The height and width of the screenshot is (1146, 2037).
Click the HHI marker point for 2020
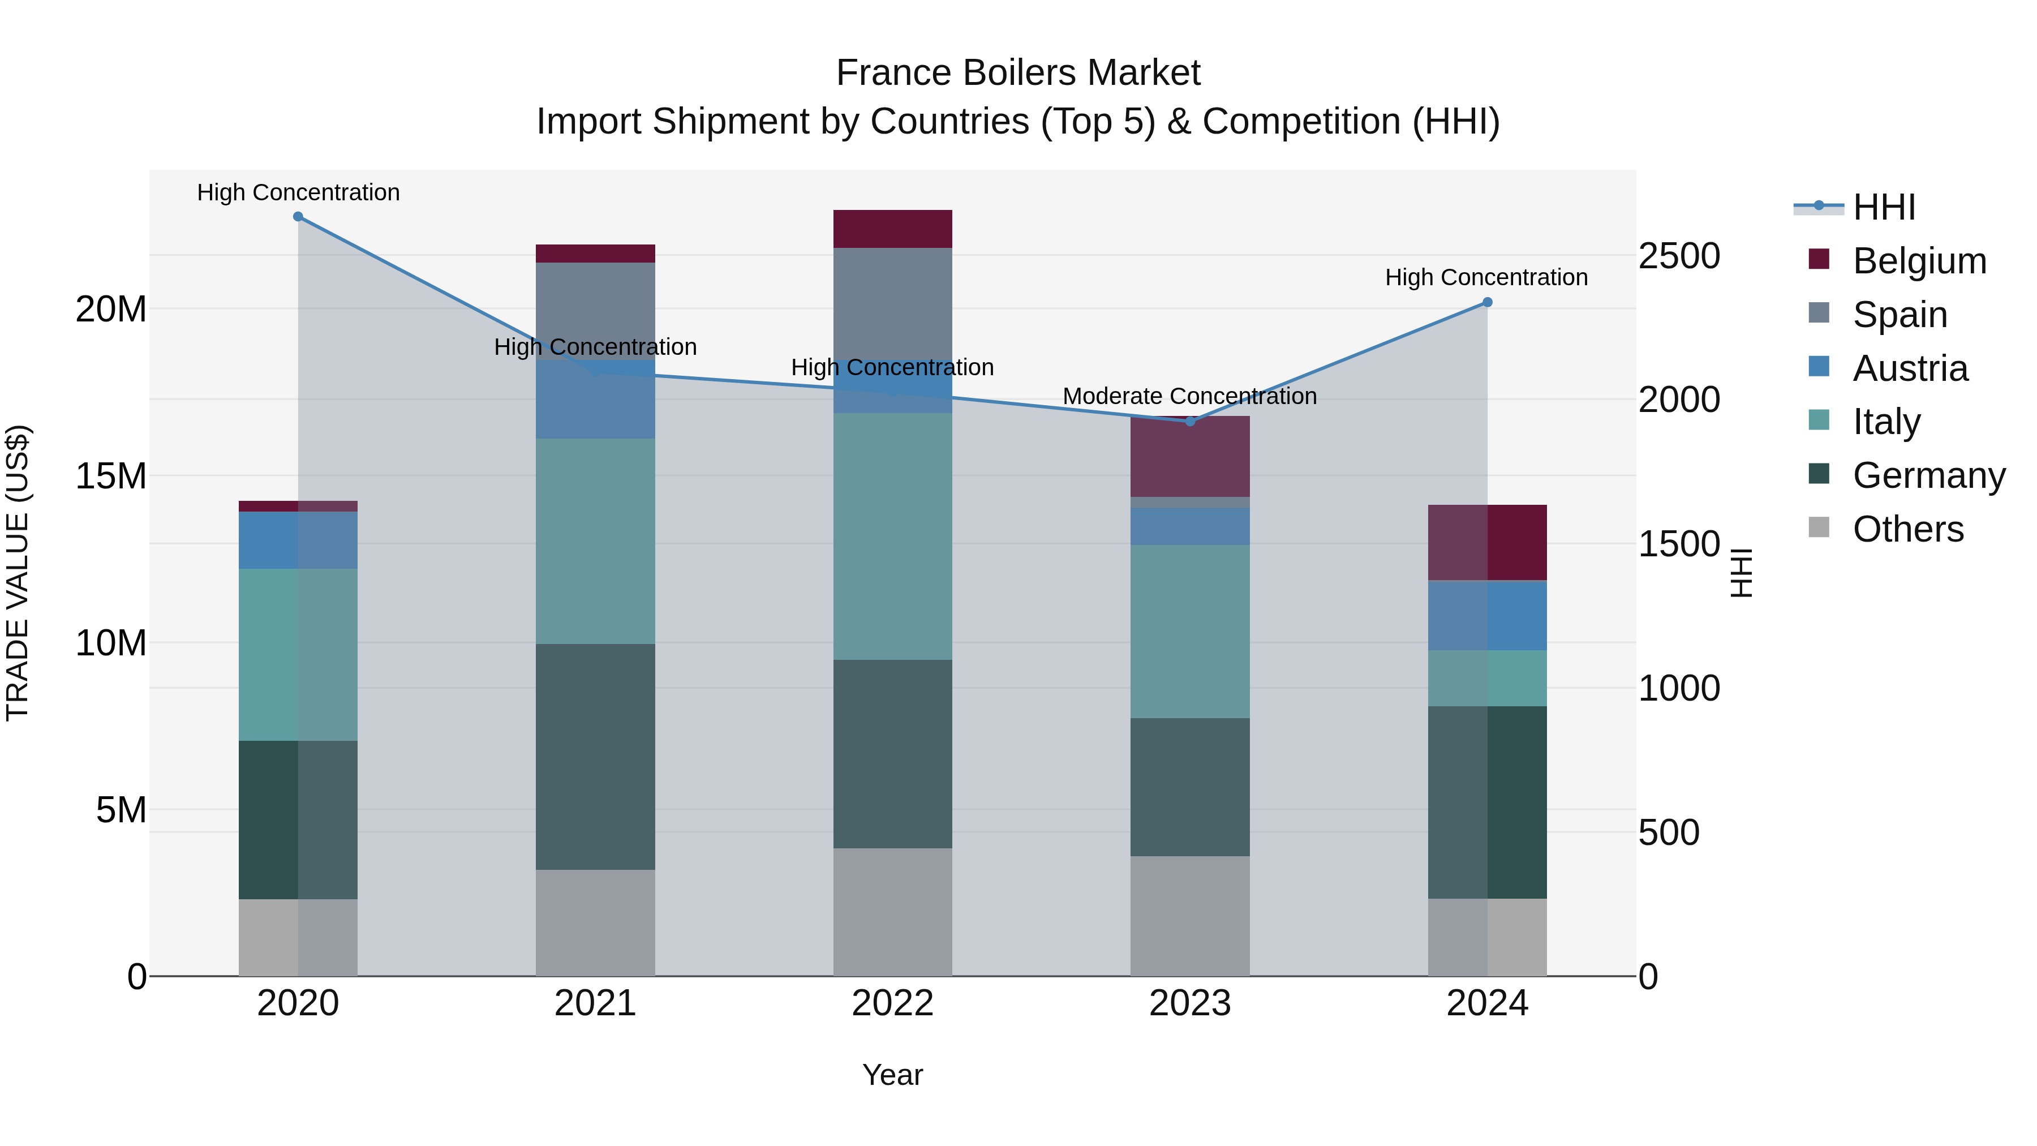point(298,217)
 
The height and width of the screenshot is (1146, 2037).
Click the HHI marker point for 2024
point(1486,302)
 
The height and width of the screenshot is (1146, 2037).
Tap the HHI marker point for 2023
point(1189,422)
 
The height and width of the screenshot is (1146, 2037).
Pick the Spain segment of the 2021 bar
point(595,311)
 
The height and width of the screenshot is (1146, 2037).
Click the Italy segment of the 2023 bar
point(1189,631)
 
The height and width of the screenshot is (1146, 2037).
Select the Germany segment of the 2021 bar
point(595,757)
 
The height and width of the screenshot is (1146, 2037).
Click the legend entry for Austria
point(1910,368)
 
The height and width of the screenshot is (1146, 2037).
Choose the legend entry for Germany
point(1928,475)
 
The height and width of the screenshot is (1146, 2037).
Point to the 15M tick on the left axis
point(111,476)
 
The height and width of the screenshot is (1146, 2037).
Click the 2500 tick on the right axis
point(1679,256)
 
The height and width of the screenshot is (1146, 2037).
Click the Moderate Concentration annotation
point(1189,396)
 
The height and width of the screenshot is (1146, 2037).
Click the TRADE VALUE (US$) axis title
point(18,573)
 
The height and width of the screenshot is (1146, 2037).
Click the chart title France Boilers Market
point(1018,73)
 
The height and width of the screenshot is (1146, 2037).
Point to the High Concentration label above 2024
point(1486,278)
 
